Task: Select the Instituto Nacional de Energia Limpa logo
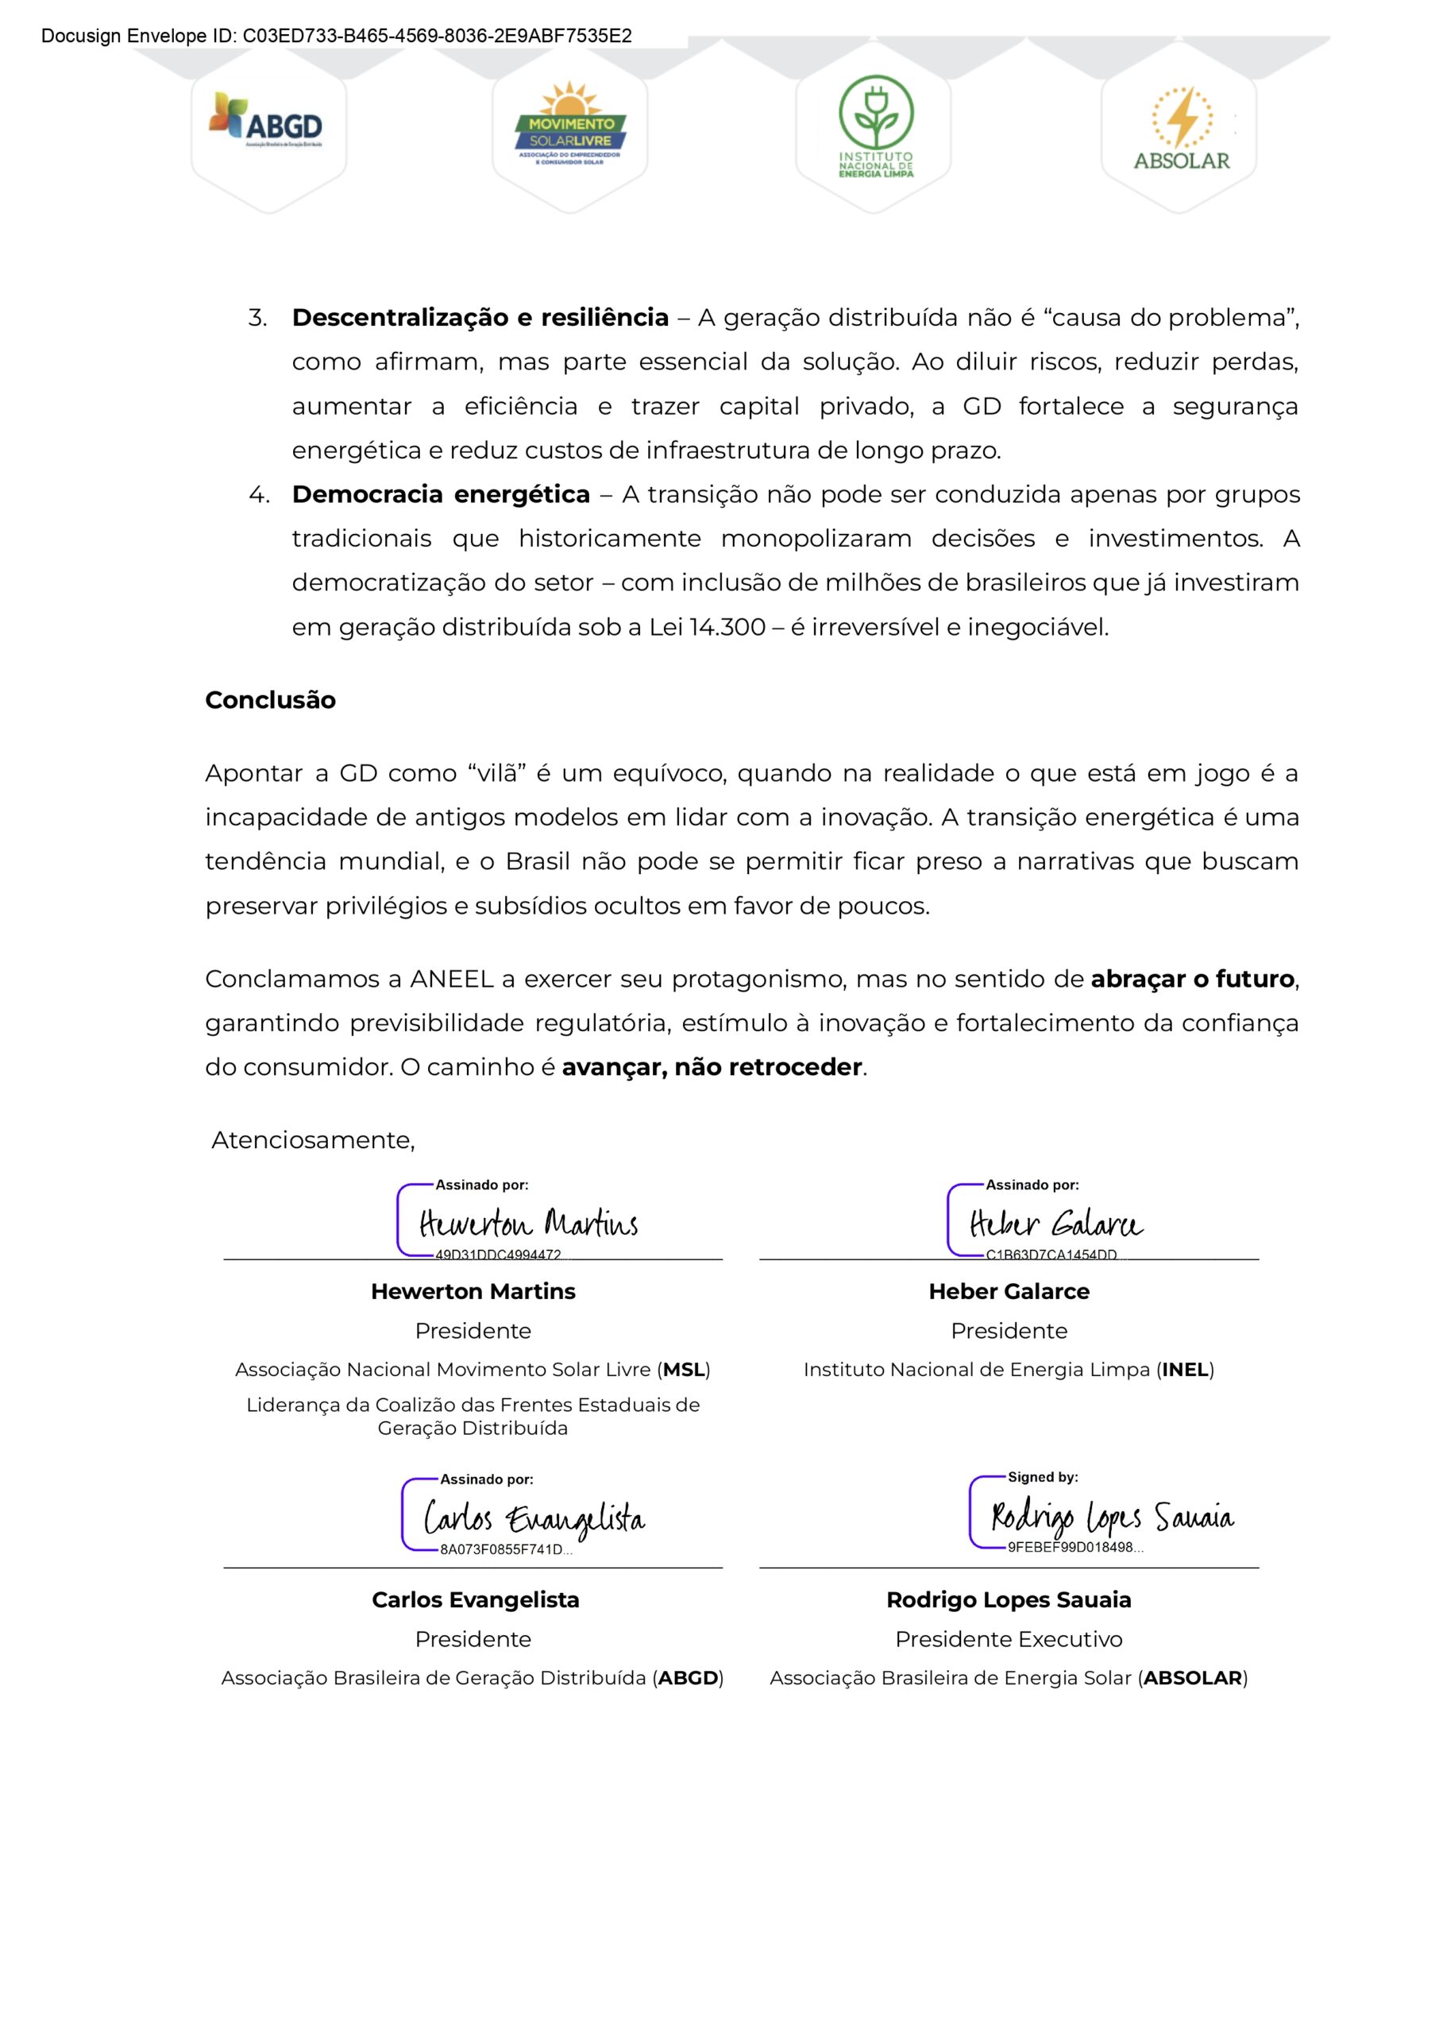875,126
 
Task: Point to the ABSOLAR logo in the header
1181,130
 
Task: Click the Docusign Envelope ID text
336,37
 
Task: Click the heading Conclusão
270,700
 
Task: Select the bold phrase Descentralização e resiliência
480,317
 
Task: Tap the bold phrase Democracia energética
441,494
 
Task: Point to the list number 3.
257,318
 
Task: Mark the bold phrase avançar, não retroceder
712,1067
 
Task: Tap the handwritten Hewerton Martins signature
528,1224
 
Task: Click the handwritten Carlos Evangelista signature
534,1519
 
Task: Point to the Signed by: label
1042,1476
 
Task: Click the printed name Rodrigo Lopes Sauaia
1009,1599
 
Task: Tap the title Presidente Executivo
1009,1639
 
